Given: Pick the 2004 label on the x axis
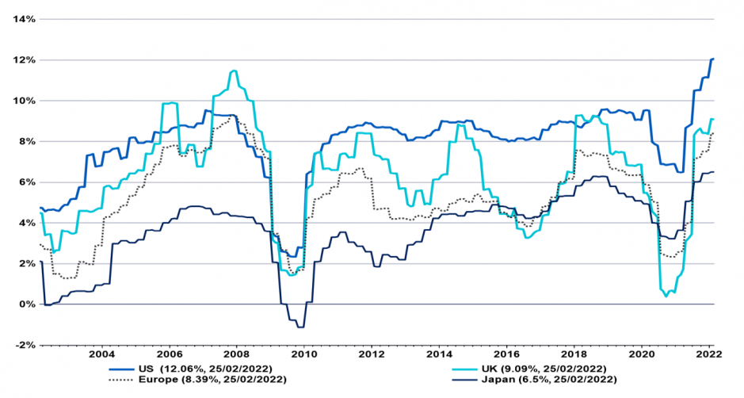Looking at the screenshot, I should pos(101,354).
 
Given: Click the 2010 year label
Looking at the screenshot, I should pos(303,354).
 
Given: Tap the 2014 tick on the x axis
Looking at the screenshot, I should pos(440,354).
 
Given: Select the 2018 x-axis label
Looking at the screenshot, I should pos(575,354).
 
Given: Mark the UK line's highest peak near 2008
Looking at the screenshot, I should pos(234,71).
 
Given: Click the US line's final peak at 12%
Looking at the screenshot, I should pos(712,59).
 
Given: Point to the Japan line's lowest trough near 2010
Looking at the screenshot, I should pos(300,327).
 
